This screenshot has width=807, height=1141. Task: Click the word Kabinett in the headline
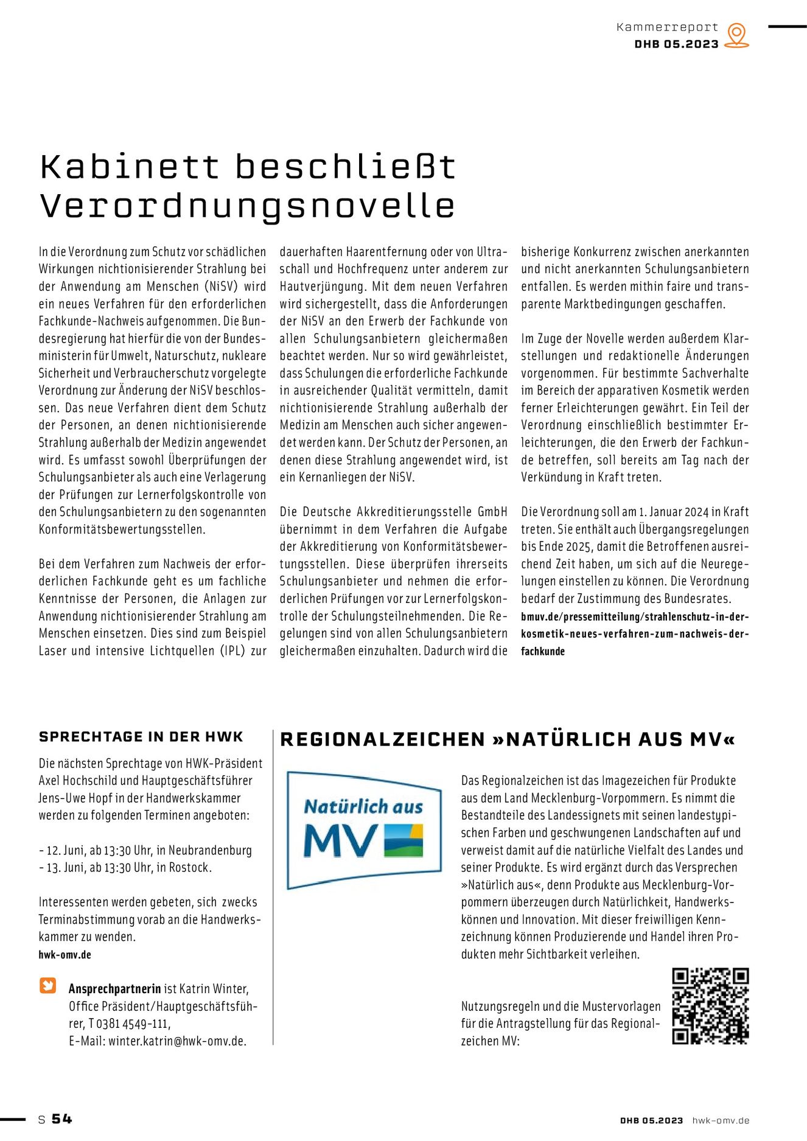(129, 167)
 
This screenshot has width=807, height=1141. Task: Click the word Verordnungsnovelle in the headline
(247, 206)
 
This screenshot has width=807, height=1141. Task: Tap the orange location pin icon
(736, 35)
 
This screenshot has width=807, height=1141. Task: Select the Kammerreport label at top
(667, 27)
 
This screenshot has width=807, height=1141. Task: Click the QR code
(710, 1006)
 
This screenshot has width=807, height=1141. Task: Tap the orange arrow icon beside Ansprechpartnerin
(48, 985)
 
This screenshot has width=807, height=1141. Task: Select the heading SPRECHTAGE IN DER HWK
(141, 737)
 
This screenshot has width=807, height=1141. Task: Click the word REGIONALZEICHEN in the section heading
(382, 739)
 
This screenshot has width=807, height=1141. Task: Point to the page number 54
(61, 1119)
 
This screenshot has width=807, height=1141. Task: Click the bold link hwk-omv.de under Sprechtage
(65, 955)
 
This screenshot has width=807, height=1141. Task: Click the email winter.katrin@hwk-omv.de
(177, 1041)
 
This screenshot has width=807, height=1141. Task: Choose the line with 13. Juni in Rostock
(125, 868)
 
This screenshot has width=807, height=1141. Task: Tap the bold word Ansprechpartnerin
(114, 989)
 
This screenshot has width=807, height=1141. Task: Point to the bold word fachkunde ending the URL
(543, 651)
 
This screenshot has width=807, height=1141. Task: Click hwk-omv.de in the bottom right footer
(721, 1120)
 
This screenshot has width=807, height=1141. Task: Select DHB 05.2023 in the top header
(676, 44)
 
